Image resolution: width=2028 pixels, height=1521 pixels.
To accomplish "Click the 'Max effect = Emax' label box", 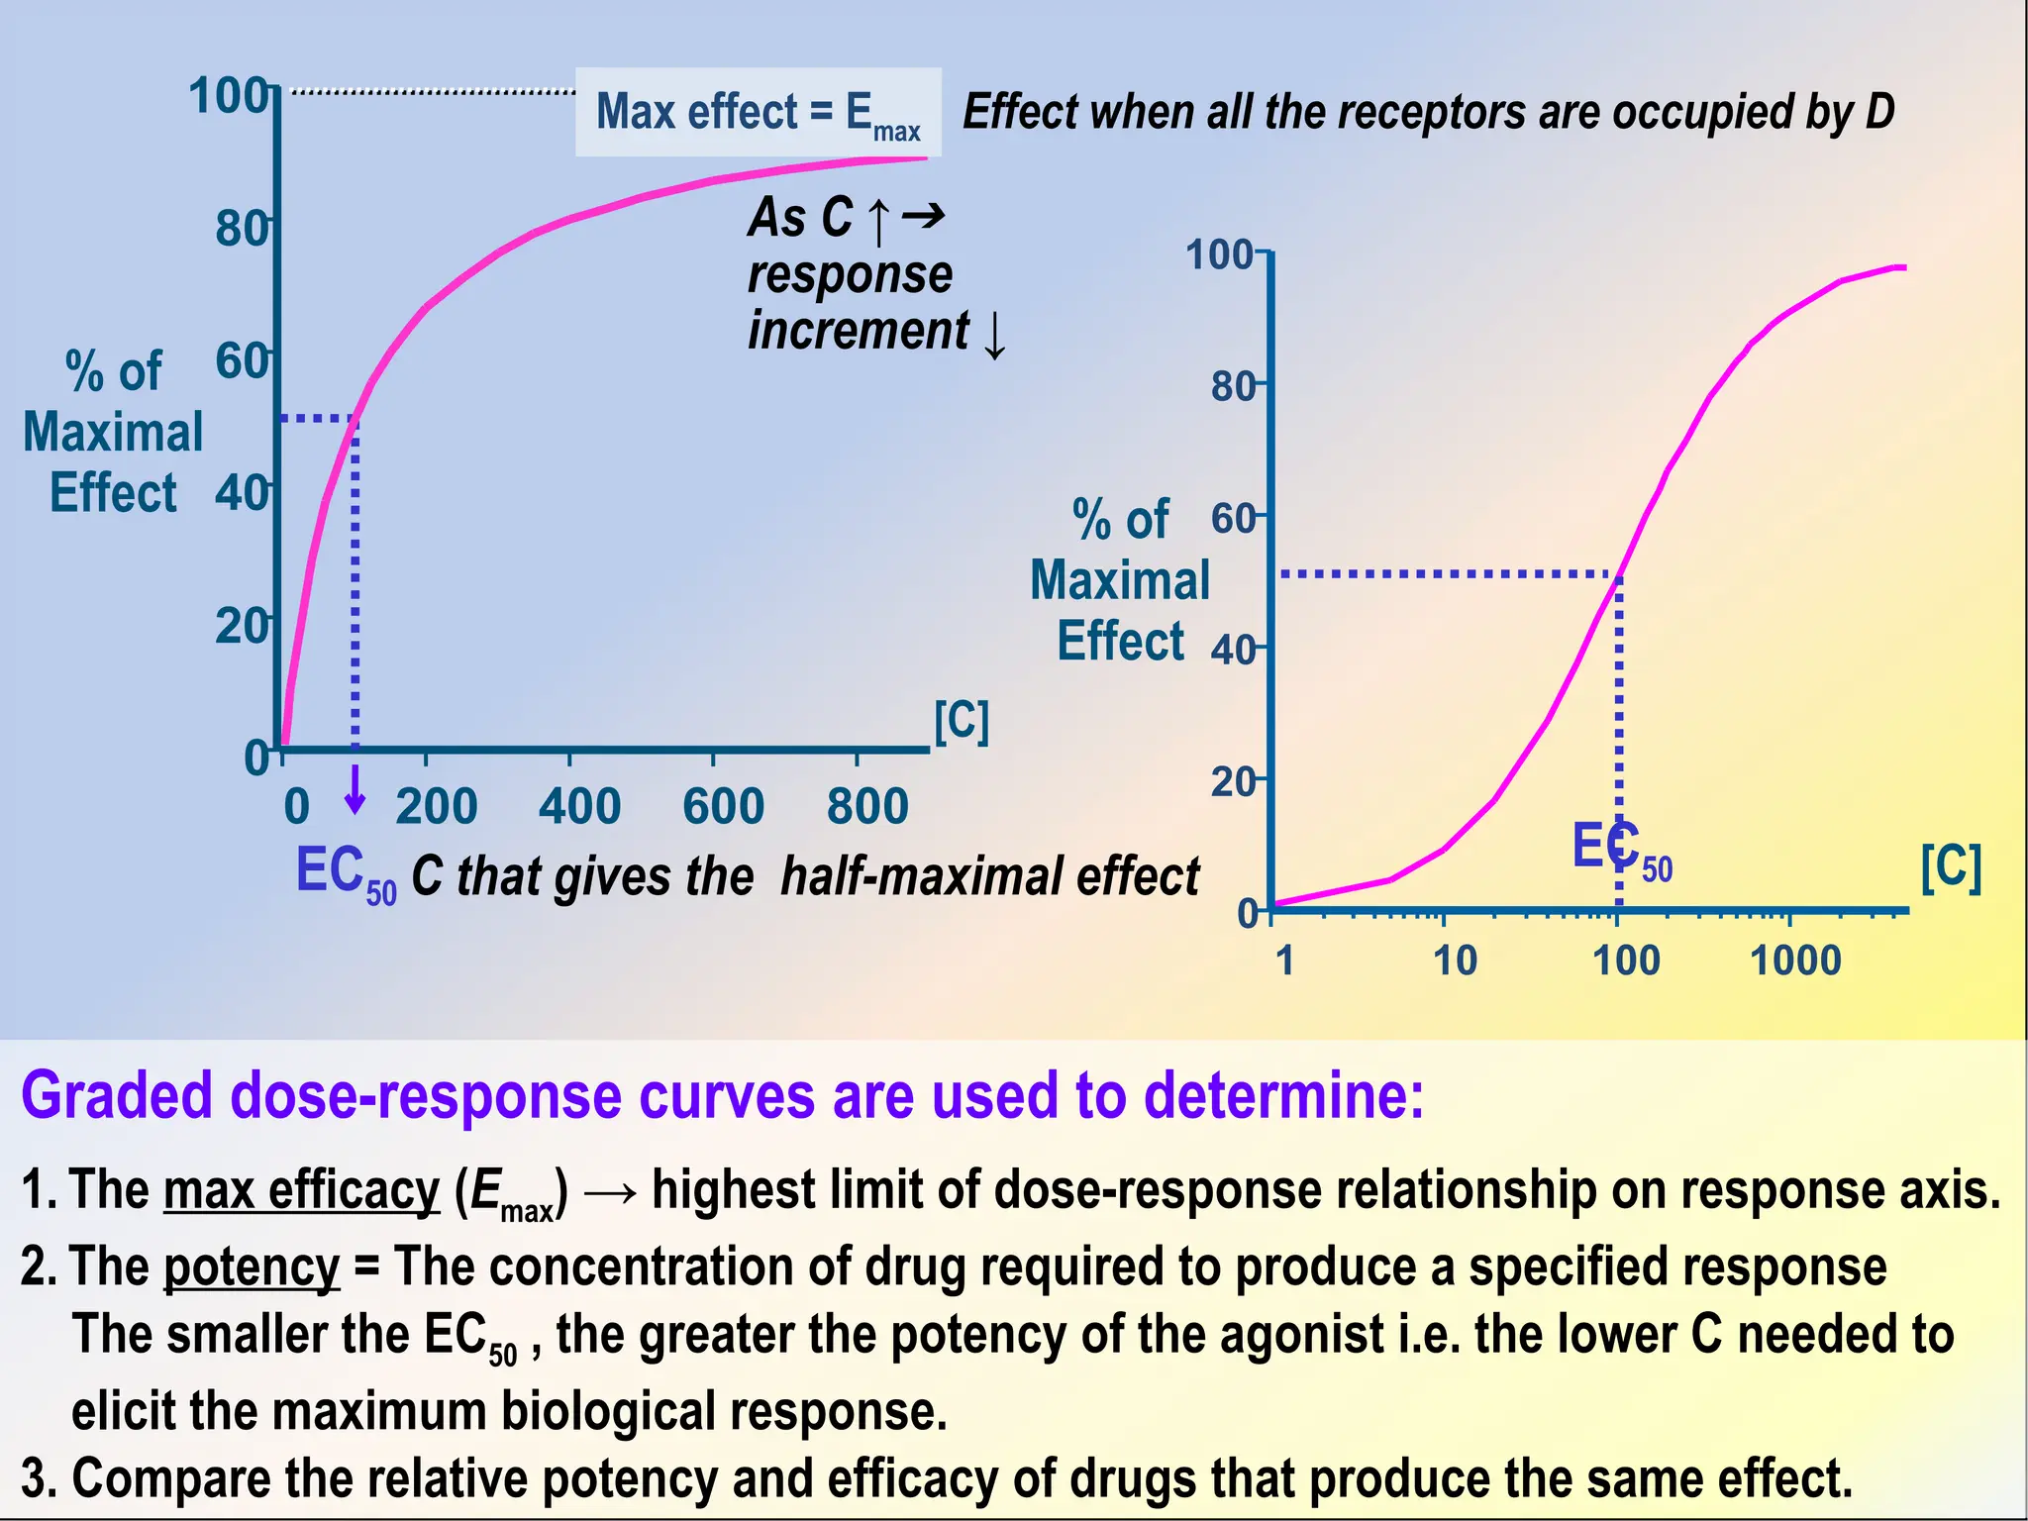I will [x=758, y=112].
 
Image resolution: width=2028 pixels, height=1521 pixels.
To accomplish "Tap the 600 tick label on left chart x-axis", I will [x=723, y=806].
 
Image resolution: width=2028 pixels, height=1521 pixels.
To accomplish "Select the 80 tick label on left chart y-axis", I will [x=241, y=229].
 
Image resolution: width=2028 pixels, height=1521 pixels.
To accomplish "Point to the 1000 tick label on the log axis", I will [x=1795, y=961].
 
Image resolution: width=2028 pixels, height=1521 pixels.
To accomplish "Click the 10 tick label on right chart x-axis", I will [x=1455, y=961].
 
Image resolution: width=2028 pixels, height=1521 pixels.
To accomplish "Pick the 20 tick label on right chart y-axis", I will [x=1233, y=782].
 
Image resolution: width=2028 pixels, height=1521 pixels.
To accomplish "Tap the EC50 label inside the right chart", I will [x=1621, y=849].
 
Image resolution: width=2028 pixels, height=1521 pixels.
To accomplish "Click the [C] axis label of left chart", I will [x=962, y=721].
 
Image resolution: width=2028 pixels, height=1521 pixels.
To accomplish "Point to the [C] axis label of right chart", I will [x=1951, y=867].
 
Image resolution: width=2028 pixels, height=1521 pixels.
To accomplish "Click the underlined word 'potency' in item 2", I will [x=252, y=1267].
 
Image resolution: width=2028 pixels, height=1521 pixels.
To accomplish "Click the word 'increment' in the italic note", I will [x=858, y=330].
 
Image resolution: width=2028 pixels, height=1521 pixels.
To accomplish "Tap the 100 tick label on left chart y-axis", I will [x=228, y=96].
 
